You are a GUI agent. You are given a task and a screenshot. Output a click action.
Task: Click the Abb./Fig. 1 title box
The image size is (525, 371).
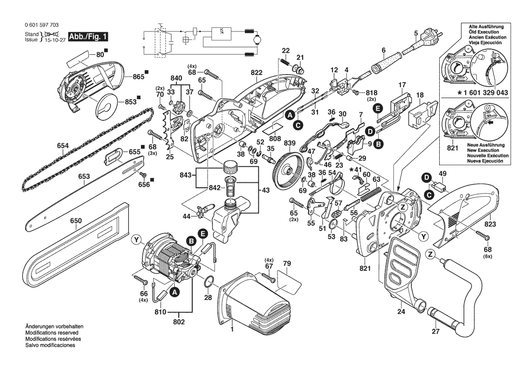coord(88,36)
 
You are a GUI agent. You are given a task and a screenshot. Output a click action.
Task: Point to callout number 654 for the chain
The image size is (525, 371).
coord(63,145)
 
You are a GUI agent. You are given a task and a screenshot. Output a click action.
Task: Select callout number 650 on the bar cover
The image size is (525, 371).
coord(76,221)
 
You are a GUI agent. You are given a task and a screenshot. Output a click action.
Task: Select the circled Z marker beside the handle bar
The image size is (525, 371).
coord(430,255)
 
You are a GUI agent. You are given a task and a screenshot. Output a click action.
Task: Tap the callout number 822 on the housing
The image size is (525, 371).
coord(256,72)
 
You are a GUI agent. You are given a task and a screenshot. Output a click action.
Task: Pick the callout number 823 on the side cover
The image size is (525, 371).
coord(490,224)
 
